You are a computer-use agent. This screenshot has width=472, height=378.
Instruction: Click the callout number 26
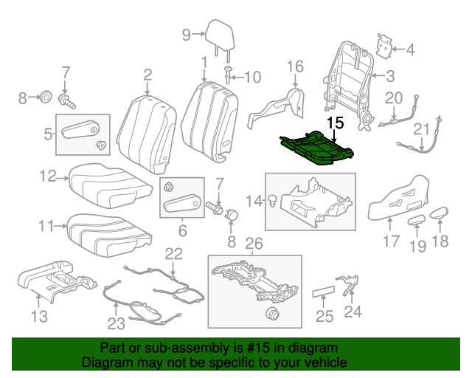pos(253,244)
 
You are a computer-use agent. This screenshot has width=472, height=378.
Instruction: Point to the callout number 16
pos(295,67)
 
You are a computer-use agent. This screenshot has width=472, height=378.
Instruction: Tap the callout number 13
pos(39,316)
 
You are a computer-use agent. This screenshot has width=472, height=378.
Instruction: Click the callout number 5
pos(49,134)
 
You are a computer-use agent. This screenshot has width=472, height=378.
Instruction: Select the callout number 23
pos(117,322)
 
